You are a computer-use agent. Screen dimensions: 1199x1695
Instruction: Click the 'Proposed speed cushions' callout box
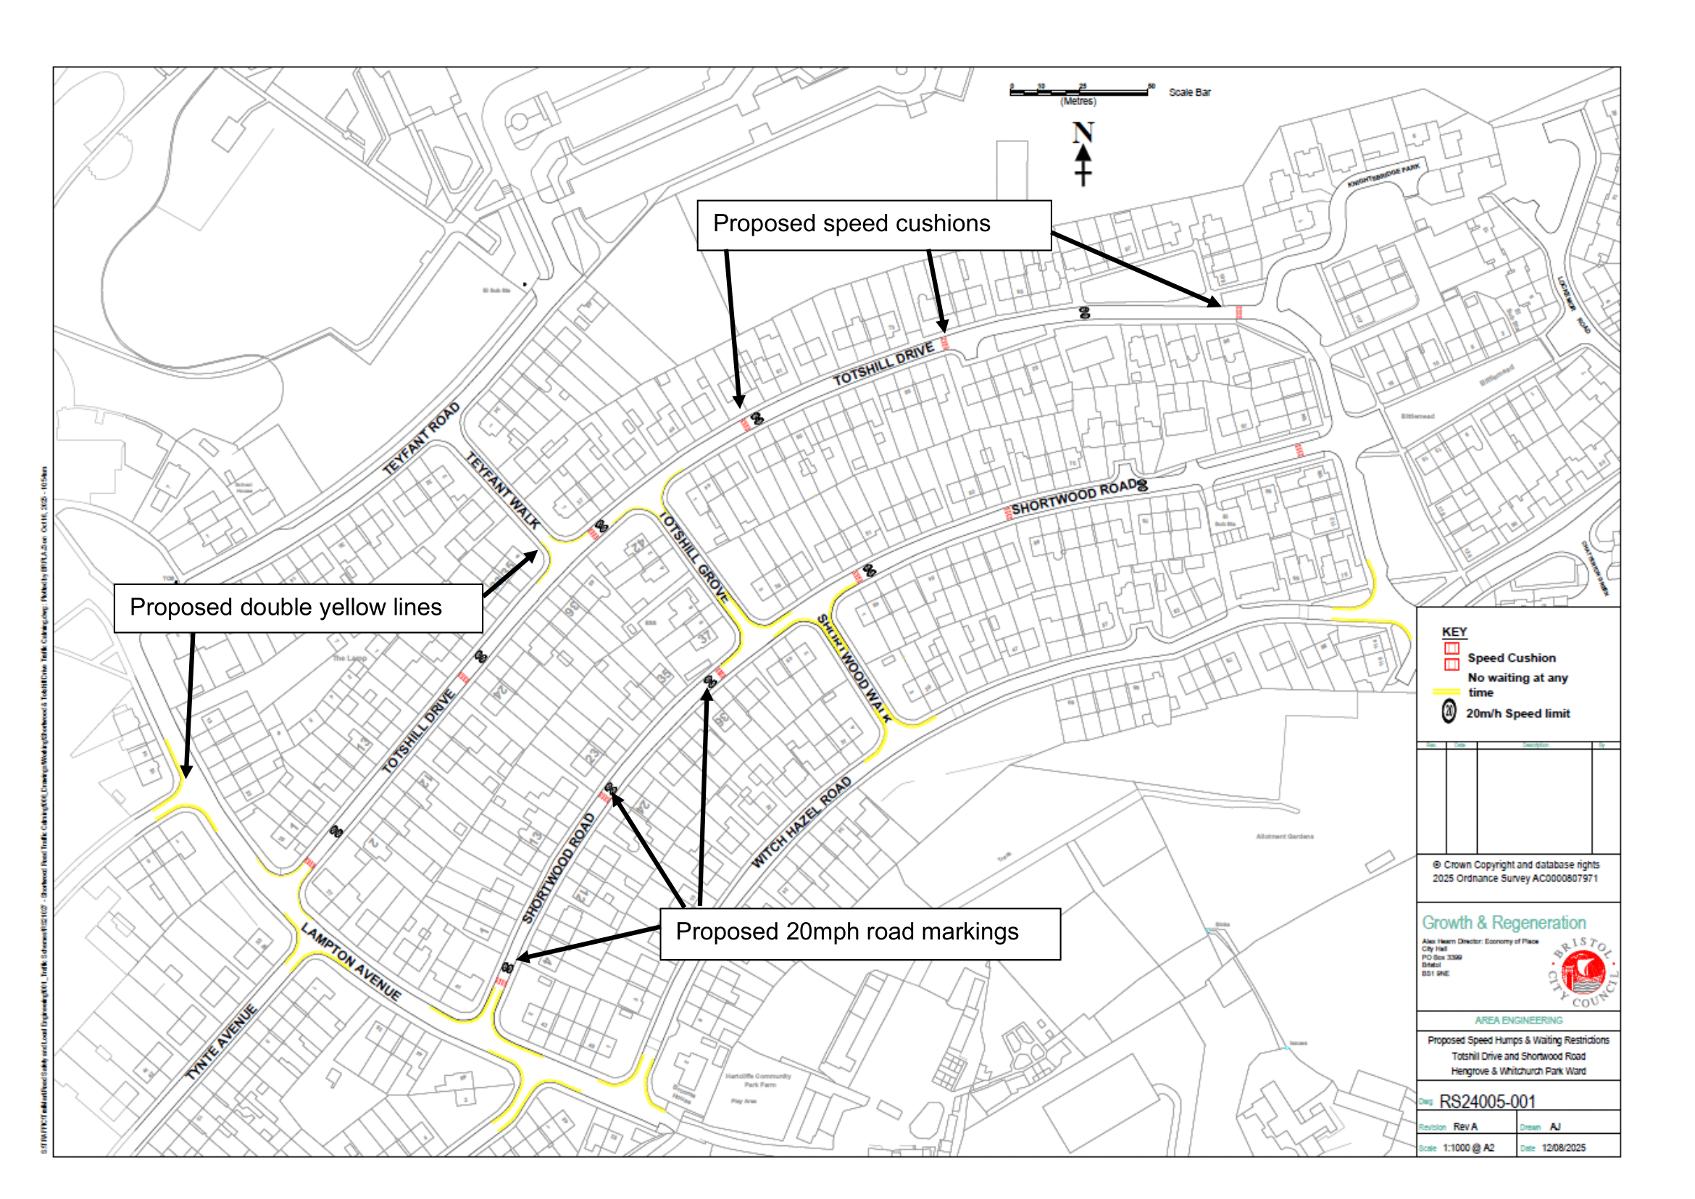[873, 225]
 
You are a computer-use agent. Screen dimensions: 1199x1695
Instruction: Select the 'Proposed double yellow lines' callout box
[299, 607]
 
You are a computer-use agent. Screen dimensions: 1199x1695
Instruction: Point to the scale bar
[1078, 91]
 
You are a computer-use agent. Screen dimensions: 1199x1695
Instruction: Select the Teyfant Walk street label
[503, 491]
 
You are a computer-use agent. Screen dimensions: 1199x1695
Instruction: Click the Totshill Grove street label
[694, 558]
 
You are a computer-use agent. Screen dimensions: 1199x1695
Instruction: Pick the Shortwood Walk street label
[854, 668]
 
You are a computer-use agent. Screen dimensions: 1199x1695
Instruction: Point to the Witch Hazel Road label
[801, 822]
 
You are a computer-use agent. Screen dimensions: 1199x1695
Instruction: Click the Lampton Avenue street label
[351, 961]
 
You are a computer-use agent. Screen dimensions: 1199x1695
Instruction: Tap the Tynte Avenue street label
[221, 1042]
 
